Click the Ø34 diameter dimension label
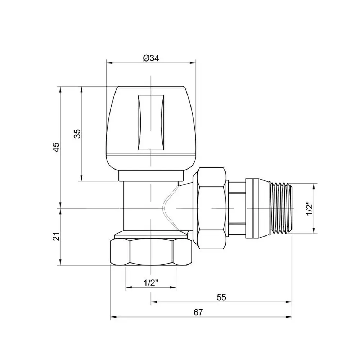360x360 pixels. click(151, 58)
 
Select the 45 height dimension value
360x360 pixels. click(56, 147)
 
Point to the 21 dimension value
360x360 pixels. click(56, 236)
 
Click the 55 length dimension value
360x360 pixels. click(221, 297)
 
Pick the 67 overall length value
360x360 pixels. click(198, 312)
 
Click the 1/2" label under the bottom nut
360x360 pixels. click(151, 283)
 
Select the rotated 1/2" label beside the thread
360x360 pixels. click(310, 208)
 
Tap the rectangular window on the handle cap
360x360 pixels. click(151, 123)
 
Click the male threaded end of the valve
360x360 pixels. click(281, 208)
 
